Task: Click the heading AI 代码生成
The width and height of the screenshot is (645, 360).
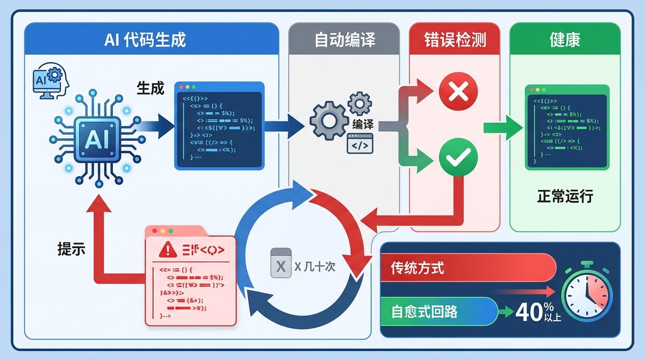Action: [145, 39]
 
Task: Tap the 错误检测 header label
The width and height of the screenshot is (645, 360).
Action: [455, 39]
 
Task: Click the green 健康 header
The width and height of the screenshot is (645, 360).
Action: [564, 39]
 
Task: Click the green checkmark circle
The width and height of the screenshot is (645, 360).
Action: [458, 159]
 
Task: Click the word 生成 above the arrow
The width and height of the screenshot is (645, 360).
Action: [150, 88]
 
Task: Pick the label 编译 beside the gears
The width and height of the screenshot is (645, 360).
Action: [363, 124]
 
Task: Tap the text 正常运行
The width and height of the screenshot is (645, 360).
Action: [565, 196]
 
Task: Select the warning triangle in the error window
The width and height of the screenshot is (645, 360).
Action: [167, 250]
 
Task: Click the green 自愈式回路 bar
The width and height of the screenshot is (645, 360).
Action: [438, 312]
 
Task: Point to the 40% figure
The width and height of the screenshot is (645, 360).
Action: [532, 312]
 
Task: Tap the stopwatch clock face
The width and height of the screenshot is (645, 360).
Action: [587, 298]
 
